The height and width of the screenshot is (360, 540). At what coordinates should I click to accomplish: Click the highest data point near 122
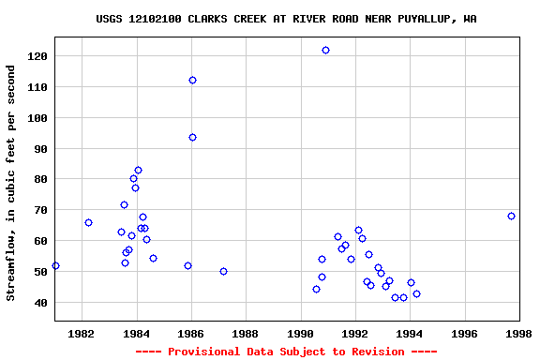click(x=325, y=50)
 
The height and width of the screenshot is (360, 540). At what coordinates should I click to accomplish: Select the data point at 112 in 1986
click(x=192, y=80)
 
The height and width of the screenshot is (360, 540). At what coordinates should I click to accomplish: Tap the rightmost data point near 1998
click(x=511, y=216)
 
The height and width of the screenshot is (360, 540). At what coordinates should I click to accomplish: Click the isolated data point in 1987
click(x=223, y=271)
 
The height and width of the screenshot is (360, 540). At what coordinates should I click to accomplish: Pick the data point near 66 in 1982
click(x=88, y=222)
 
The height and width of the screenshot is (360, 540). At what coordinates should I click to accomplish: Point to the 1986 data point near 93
click(x=192, y=137)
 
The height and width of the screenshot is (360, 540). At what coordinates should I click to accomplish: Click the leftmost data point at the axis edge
click(x=55, y=265)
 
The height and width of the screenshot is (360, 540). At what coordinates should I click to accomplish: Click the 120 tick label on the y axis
click(x=37, y=56)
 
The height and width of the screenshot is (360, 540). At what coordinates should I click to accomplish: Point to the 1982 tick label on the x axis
click(x=82, y=334)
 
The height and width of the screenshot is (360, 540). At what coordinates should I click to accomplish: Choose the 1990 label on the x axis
click(x=301, y=334)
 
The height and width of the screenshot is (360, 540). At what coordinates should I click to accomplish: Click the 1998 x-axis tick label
click(x=519, y=334)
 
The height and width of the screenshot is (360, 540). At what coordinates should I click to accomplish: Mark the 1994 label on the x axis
click(x=410, y=334)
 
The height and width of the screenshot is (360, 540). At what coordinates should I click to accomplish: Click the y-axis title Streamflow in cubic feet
click(x=11, y=183)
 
